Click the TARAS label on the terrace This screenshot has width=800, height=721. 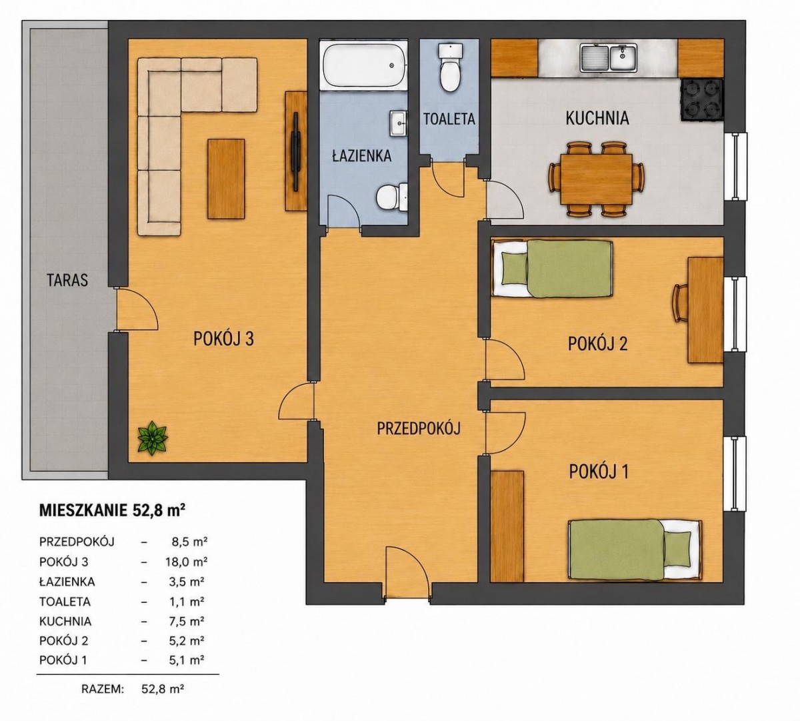click(67, 280)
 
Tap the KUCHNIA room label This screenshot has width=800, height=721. click(597, 118)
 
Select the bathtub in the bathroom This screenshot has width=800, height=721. click(365, 65)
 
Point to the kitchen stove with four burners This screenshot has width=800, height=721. click(702, 99)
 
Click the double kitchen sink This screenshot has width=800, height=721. click(609, 58)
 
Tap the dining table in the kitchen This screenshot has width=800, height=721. click(596, 178)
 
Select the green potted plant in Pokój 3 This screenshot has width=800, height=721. click(153, 438)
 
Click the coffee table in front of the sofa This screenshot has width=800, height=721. click(226, 179)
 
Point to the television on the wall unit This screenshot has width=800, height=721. click(295, 152)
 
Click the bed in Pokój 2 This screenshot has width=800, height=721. click(553, 269)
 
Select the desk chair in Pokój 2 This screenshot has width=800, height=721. click(679, 303)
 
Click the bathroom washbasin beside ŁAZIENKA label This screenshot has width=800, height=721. click(398, 123)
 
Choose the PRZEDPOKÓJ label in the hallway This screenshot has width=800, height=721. click(419, 428)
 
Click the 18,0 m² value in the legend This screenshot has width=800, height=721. click(186, 562)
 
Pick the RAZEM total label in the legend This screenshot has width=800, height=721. click(103, 689)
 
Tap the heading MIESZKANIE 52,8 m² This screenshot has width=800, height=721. click(113, 510)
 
